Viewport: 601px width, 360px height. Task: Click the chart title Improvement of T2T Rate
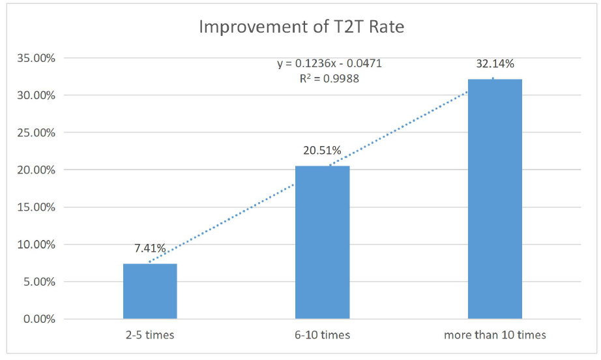tap(300, 27)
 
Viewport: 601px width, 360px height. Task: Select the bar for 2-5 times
tap(150, 292)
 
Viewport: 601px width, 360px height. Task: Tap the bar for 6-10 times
tap(322, 243)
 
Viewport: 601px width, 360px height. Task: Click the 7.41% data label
tap(150, 248)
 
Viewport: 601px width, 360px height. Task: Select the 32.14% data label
tap(495, 64)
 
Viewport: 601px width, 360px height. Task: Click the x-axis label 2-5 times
tap(150, 335)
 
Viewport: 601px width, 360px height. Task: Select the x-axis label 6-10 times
tap(322, 335)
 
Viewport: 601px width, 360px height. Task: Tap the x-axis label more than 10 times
tap(495, 335)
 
